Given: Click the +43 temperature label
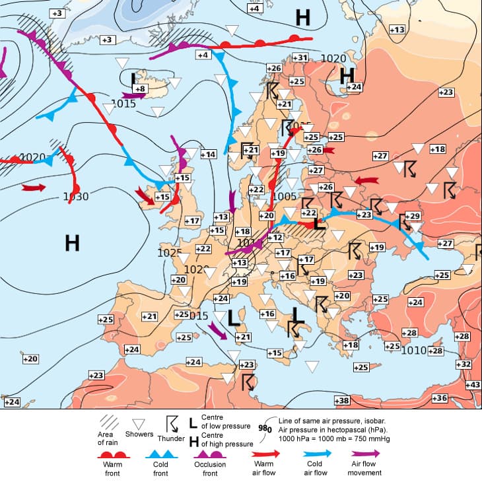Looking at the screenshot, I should coord(473,385).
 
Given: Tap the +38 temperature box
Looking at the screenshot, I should coord(342,401).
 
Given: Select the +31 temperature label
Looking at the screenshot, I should coord(300,58).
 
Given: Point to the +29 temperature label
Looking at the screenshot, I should coord(413,216).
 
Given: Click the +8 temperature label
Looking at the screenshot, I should coord(139,88).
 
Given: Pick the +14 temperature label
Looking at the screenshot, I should coord(208,154).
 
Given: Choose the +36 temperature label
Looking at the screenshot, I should coord(440,397).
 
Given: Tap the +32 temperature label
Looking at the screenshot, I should coord(464,364).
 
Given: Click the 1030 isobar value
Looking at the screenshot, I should coord(75,196).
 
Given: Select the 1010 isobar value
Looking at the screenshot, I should coord(414,350).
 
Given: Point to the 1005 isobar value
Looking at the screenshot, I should coord(285,196).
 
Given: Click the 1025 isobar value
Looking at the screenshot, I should coord(170,253).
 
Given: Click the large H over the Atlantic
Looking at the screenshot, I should coord(73,242).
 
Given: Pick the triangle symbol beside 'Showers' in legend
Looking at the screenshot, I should coord(139,424).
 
